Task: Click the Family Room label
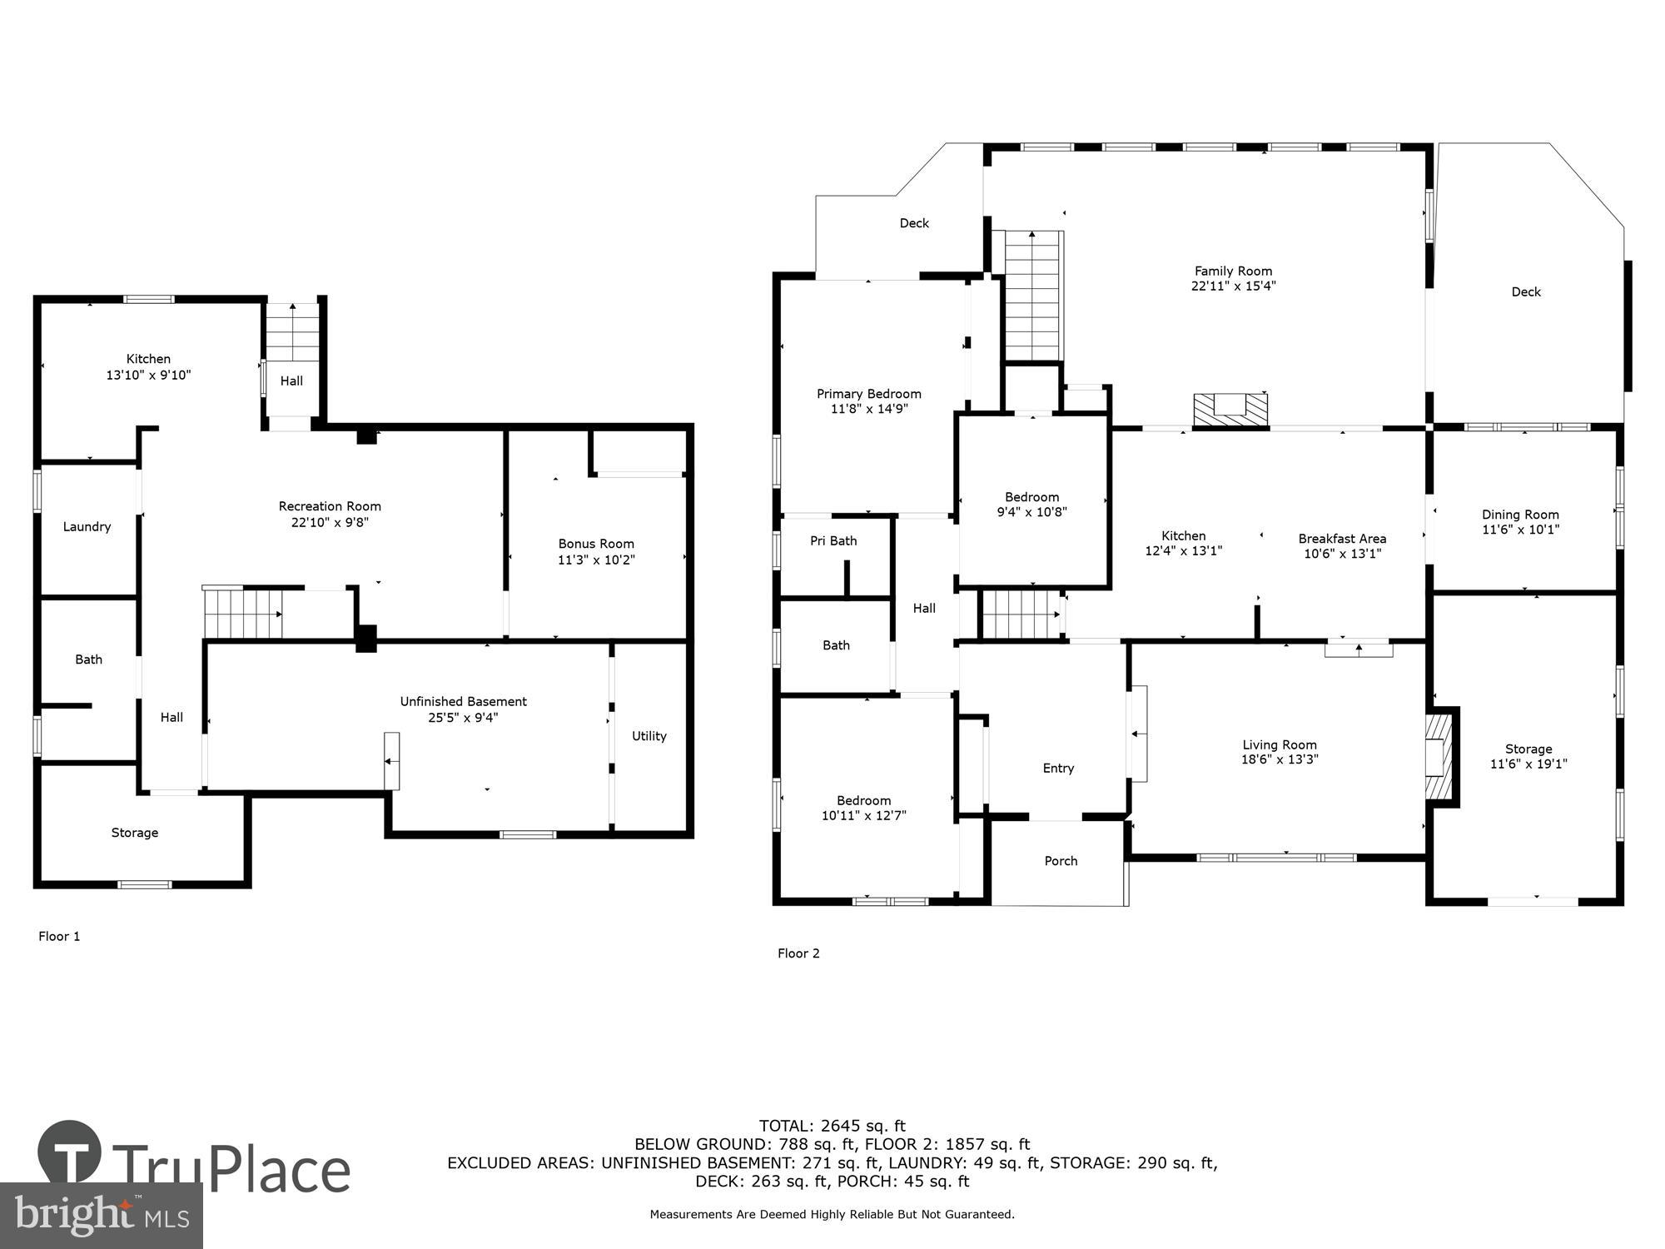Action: click(x=1233, y=271)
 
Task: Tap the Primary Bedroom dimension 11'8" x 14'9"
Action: click(x=868, y=409)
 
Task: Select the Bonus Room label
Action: click(x=596, y=544)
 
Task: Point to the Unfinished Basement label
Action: click(x=463, y=701)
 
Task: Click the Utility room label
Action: click(x=649, y=736)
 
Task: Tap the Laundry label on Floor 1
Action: click(x=87, y=526)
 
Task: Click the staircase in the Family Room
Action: click(x=1033, y=296)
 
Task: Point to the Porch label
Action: click(x=1061, y=861)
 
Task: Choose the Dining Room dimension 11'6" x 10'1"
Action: click(x=1520, y=530)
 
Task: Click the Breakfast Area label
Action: click(x=1342, y=539)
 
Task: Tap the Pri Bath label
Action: click(x=833, y=540)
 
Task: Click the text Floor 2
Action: click(x=798, y=953)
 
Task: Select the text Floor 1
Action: click(x=59, y=936)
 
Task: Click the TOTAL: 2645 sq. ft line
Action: click(x=832, y=1126)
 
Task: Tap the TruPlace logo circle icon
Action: click(x=70, y=1153)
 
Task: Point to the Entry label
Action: click(x=1058, y=768)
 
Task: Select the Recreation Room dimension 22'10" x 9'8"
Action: click(x=330, y=522)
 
